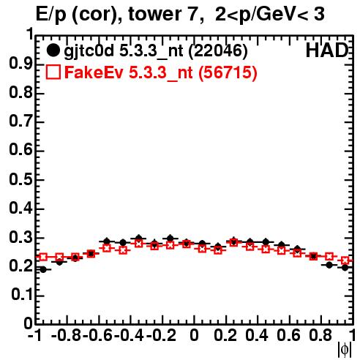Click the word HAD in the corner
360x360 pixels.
point(327,50)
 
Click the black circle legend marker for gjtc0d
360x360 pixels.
point(53,50)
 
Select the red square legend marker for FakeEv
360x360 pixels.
point(53,72)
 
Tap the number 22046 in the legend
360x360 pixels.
point(218,50)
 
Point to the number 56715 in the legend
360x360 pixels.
point(228,72)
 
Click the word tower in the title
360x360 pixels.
point(162,14)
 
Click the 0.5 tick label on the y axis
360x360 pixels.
point(20,179)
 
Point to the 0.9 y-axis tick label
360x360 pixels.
point(20,64)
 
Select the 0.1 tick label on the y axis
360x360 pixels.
point(22,296)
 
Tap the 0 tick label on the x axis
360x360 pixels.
point(194,335)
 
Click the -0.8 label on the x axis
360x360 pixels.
point(67,335)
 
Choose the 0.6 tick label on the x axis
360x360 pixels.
point(288,335)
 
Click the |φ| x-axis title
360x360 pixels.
point(344,350)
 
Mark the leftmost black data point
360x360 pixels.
point(43,269)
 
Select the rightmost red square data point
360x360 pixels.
point(345,260)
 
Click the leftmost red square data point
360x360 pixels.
point(43,257)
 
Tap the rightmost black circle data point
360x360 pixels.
point(345,268)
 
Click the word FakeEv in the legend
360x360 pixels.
point(94,72)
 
